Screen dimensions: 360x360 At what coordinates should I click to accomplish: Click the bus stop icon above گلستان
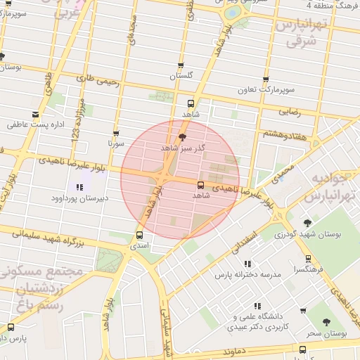point(182,65)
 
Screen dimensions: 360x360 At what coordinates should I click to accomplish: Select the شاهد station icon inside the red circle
point(201,185)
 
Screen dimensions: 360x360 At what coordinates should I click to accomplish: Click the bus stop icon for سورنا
point(115,133)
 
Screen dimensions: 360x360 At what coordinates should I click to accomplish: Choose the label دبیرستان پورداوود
point(79,198)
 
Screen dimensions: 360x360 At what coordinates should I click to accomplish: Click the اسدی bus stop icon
point(139,236)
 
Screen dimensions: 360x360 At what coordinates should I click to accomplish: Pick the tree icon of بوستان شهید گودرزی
point(307,224)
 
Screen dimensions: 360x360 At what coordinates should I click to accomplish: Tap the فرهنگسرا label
point(309,269)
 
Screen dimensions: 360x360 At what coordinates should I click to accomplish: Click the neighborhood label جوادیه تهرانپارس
point(330,186)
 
